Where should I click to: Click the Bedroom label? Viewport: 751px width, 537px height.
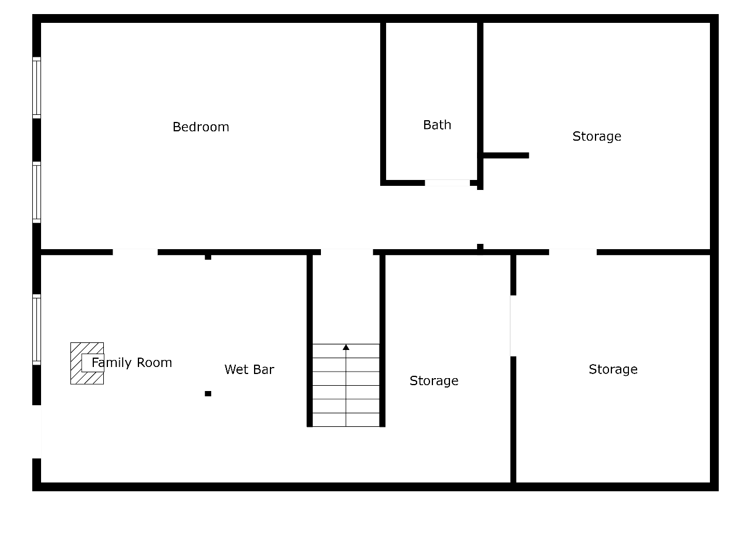pos(201,127)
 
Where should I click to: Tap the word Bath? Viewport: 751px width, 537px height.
pos(437,125)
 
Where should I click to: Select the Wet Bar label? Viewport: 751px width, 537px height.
pos(249,369)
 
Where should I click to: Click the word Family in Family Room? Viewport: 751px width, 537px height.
pos(111,363)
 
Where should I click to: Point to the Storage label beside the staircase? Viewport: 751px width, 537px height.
pos(434,381)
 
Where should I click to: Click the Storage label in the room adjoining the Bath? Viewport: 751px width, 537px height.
pos(597,137)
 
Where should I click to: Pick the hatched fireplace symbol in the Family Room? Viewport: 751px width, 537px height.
pos(87,363)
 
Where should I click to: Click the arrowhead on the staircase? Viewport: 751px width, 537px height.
pos(346,347)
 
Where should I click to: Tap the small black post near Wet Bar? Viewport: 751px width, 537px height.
pos(208,393)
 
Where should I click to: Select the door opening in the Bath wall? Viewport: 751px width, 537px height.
pos(447,183)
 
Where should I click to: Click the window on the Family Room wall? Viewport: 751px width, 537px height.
pos(36,329)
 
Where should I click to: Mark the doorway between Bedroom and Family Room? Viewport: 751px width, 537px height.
pos(135,252)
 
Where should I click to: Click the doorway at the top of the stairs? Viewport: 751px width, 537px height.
pos(347,252)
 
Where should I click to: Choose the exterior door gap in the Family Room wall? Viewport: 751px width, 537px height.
pos(36,432)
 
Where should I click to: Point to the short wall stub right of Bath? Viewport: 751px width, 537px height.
pos(506,155)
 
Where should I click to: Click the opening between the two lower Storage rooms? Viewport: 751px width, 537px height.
pos(513,326)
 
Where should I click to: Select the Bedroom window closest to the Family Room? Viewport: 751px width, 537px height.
pos(36,192)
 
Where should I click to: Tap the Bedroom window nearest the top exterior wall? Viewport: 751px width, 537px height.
pos(36,88)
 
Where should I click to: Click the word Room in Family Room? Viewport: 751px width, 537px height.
pos(154,363)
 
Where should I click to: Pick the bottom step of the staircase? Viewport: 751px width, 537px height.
pos(346,420)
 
